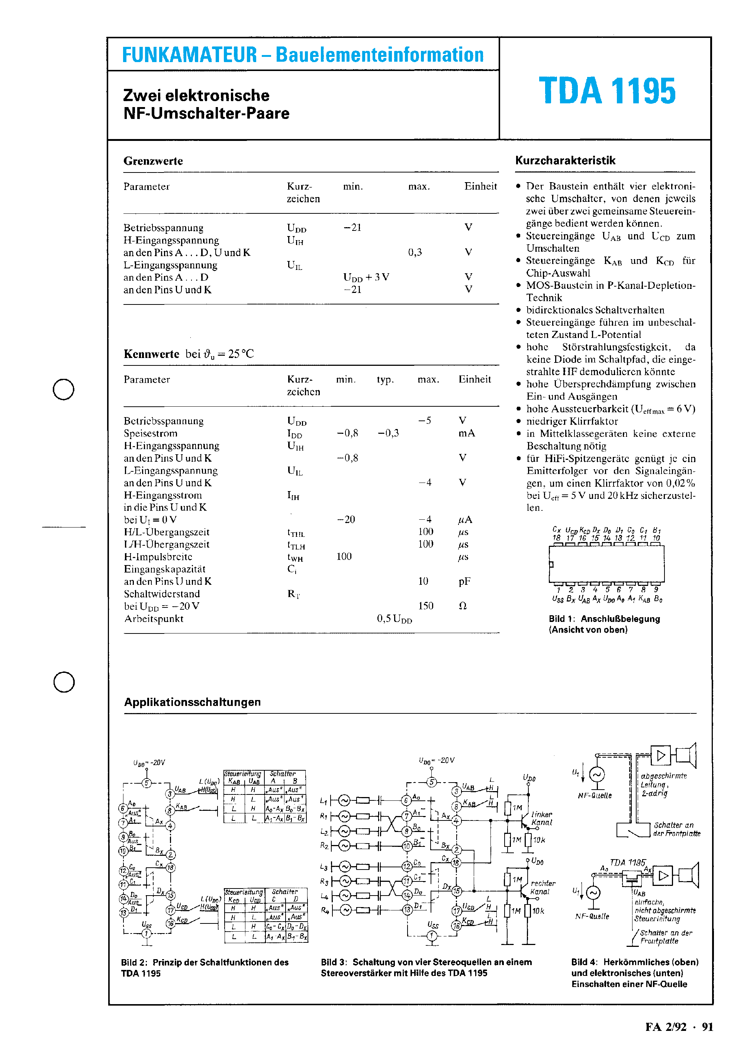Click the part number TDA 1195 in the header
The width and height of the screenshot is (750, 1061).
(607, 91)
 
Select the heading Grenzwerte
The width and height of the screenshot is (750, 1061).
(153, 161)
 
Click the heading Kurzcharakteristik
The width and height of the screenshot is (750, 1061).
(565, 160)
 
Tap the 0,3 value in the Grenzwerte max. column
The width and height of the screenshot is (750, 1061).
(415, 252)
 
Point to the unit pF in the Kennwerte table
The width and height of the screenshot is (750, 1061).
(464, 581)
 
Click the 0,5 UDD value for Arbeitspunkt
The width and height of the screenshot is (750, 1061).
(394, 619)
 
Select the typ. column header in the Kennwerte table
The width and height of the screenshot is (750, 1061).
(385, 380)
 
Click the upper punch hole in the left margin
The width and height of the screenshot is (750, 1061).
(63, 389)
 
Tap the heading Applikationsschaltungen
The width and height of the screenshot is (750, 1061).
(192, 702)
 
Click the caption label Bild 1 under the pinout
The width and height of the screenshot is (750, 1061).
(561, 619)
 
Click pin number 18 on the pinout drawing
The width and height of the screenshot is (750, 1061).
(556, 538)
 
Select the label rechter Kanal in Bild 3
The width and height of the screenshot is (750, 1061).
(543, 887)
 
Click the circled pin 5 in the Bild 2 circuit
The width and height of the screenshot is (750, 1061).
(147, 783)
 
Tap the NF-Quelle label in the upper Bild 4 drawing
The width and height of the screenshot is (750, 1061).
(595, 795)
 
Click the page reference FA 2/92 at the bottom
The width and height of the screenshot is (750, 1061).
(666, 1027)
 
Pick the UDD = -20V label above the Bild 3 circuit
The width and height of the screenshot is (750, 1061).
(436, 760)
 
